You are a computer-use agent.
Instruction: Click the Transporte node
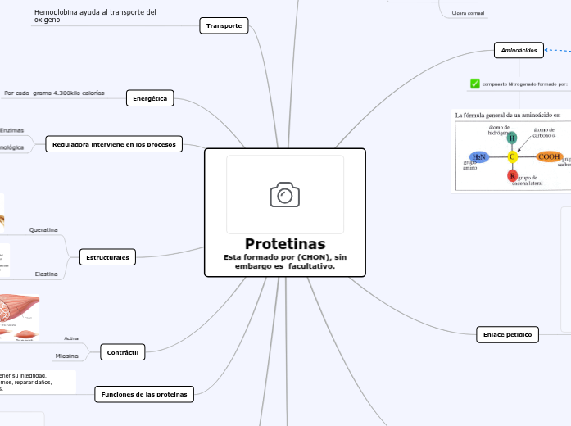tap(224, 26)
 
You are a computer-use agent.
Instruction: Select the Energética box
tap(150, 98)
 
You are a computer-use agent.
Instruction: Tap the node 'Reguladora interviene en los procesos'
tap(114, 144)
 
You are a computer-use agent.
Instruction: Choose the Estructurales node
tap(107, 257)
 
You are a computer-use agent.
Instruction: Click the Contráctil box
tap(122, 352)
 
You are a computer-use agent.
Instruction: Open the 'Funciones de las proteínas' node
tap(144, 394)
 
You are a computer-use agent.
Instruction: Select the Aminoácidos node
tap(519, 51)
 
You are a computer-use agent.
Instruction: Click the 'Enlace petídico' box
tap(507, 334)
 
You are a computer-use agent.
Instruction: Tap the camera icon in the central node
tap(284, 195)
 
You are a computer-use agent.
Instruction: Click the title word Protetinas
tap(284, 244)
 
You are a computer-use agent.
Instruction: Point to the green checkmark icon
tap(475, 84)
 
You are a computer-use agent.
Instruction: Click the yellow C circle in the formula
tap(512, 156)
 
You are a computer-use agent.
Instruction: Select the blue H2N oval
tap(479, 156)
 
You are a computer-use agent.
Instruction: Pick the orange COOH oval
tap(548, 156)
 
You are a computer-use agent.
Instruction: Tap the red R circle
tap(512, 176)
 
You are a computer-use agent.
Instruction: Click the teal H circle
tap(512, 138)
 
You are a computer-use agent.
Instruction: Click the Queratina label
tap(43, 230)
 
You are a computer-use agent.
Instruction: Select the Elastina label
tap(46, 274)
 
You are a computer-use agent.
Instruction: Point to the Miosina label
tap(66, 356)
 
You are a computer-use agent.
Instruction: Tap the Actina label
tap(71, 338)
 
